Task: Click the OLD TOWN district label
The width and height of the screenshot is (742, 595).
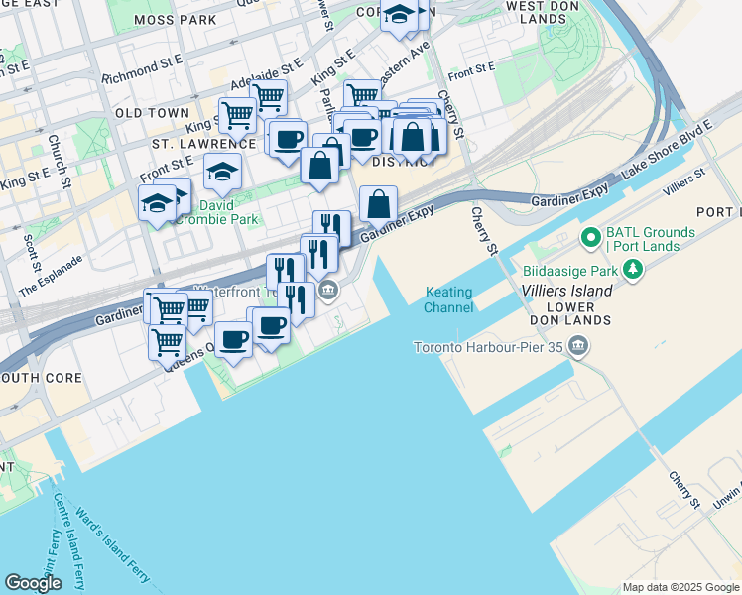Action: (152, 113)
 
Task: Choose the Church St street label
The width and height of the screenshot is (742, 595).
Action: (62, 160)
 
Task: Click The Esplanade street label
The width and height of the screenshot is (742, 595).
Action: (51, 277)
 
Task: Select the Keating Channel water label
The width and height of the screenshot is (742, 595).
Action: (450, 299)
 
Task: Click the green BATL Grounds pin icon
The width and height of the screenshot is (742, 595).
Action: (588, 238)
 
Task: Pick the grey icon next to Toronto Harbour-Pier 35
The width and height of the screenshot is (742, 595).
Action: (578, 347)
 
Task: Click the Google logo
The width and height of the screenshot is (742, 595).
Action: (33, 583)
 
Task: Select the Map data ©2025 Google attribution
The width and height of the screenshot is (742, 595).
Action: (680, 587)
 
